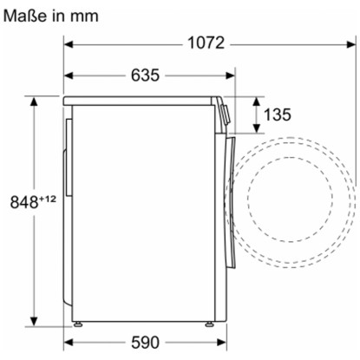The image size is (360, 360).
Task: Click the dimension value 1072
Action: click(206, 43)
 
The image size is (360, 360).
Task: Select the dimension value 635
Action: click(145, 75)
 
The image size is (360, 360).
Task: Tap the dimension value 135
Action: click(278, 115)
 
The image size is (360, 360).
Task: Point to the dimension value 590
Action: click(145, 343)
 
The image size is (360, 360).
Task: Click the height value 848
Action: click(24, 202)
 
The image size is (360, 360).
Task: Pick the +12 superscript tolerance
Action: click(48, 199)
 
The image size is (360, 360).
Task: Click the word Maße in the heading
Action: click(25, 16)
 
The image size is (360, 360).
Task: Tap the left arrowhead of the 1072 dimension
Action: click(68, 44)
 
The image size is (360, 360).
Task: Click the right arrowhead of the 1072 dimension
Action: click(351, 44)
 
